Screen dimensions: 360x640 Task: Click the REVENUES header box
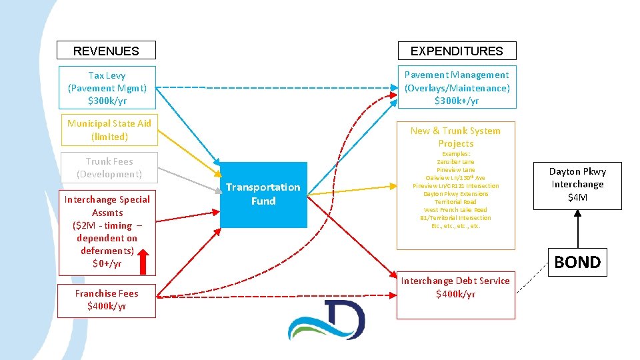tap(106, 51)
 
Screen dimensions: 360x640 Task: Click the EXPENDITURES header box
tap(457, 51)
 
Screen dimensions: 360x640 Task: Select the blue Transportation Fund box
tap(263, 194)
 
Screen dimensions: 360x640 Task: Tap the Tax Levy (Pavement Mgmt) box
tap(107, 88)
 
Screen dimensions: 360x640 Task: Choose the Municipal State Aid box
tap(109, 130)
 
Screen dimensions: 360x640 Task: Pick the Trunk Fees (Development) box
tap(109, 168)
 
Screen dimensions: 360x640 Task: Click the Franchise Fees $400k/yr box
tap(107, 300)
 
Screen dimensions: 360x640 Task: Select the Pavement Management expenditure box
tap(457, 88)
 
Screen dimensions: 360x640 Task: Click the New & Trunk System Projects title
tap(455, 137)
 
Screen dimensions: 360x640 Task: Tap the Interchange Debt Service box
tap(456, 287)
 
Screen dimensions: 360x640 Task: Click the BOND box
tap(577, 262)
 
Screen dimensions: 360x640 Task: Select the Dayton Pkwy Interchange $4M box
tap(577, 184)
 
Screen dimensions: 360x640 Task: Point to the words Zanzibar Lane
tap(455, 162)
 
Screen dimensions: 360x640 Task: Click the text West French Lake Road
tap(455, 210)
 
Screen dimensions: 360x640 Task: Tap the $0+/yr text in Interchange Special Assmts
tap(107, 263)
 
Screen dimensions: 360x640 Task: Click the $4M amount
tap(577, 197)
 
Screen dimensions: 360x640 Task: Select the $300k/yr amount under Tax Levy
tap(107, 101)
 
